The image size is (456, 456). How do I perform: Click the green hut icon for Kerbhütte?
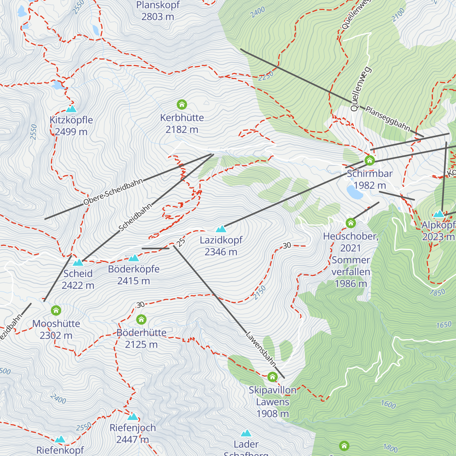point(182,104)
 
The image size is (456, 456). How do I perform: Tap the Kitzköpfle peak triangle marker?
point(71,109)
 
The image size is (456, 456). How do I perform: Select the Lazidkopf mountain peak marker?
point(221,229)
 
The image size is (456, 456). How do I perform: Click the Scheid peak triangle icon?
point(78,262)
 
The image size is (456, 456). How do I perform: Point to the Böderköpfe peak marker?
point(133,258)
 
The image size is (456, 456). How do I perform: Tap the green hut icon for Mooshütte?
point(56,310)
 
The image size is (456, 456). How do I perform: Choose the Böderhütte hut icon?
point(141,319)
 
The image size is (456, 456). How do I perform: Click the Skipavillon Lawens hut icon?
point(272,377)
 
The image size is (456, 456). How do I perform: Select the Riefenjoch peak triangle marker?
point(133,416)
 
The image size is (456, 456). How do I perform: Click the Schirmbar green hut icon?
point(369,160)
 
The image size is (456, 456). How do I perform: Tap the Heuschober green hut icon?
point(350,223)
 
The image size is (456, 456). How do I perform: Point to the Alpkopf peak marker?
point(439,214)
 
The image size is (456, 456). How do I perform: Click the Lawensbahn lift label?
point(261,349)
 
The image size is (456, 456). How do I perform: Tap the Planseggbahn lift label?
point(388,119)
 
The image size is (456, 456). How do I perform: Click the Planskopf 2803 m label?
point(158,11)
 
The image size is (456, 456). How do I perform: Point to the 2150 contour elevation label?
point(260,293)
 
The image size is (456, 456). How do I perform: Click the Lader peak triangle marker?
point(246,433)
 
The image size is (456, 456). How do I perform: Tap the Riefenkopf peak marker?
point(60,439)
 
